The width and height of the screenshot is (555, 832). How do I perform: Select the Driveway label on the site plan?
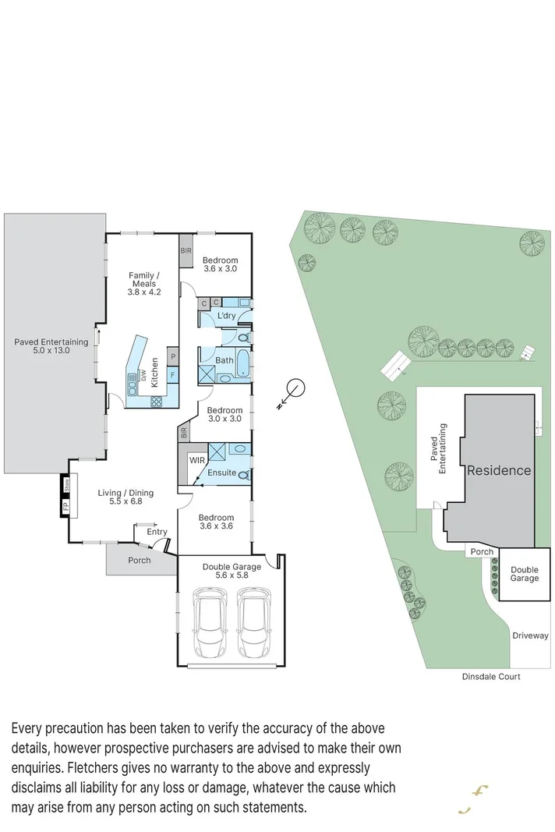[x=530, y=636]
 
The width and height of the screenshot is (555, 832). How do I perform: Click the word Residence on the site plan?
[x=499, y=470]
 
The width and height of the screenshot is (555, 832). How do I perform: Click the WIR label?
[x=197, y=461]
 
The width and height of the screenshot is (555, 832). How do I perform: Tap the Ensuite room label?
[x=222, y=473]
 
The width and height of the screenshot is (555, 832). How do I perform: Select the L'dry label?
[x=226, y=316]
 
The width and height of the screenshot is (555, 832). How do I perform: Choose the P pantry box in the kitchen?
[x=172, y=358]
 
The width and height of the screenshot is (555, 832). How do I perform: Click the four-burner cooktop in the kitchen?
[x=155, y=402]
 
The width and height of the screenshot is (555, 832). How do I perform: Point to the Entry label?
[x=157, y=532]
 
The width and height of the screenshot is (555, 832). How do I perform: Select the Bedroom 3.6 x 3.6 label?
[x=216, y=522]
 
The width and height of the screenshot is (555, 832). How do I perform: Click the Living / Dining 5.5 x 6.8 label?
[x=125, y=497]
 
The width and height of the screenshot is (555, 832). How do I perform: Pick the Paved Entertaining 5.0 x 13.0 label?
[x=51, y=346]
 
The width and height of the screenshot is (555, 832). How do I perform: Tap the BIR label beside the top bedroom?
[x=186, y=250]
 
